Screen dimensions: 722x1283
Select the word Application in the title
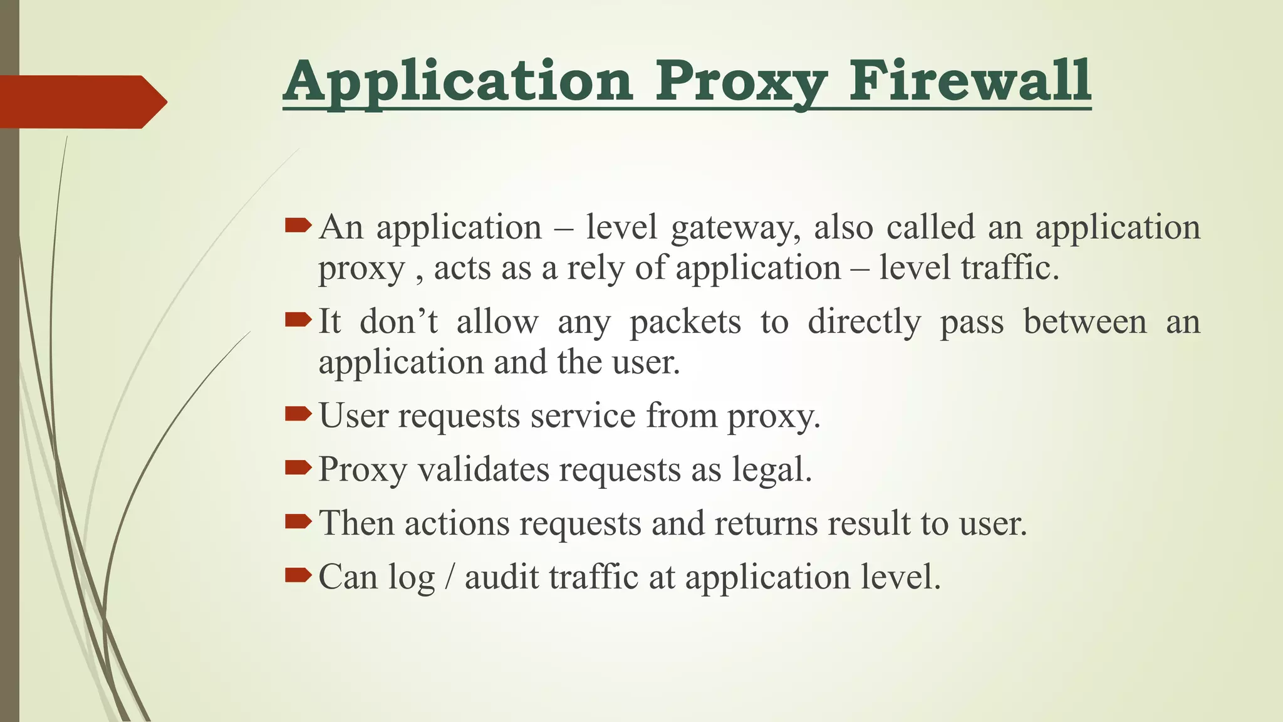point(458,81)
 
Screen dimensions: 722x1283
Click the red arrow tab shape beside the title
point(81,102)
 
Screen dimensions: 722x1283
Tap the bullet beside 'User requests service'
point(298,414)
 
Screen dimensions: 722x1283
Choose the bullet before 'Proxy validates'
point(298,468)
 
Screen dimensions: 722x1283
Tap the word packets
point(685,323)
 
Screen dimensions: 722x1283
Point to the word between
point(1085,322)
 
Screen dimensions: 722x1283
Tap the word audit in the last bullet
point(501,577)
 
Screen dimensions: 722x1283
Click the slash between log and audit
point(449,577)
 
